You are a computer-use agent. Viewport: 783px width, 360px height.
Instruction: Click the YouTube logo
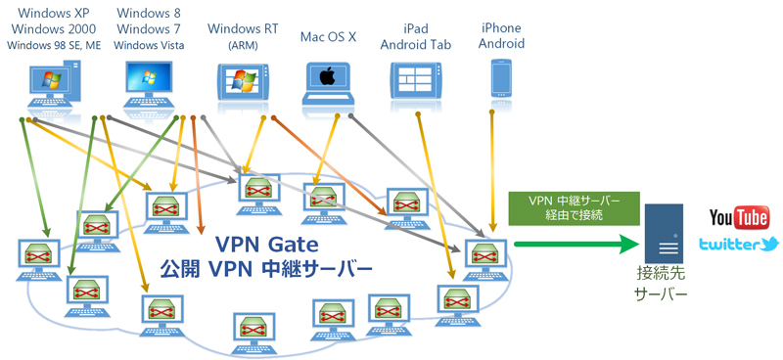click(x=739, y=217)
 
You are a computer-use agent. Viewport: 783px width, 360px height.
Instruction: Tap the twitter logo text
click(x=739, y=245)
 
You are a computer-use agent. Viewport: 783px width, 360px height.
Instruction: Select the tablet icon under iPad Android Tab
click(x=420, y=78)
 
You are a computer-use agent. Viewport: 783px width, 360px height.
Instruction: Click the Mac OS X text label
click(x=329, y=38)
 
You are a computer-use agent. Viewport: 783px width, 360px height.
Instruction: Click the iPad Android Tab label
click(x=416, y=35)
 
